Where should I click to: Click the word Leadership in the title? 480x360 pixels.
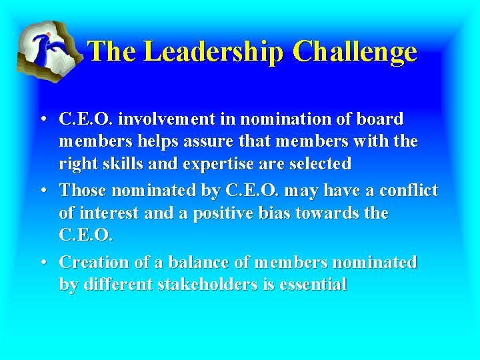point(214,52)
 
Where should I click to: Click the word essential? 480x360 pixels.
point(313,285)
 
